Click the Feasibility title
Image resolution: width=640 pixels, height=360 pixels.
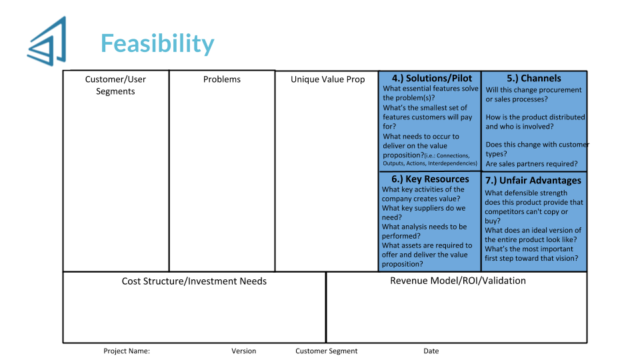tap(157, 44)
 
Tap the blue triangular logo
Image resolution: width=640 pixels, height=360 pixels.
tap(47, 41)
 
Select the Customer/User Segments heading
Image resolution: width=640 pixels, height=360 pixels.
tap(115, 85)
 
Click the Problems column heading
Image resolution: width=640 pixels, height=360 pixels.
tap(222, 79)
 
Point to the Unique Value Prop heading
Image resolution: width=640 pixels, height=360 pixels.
tap(328, 79)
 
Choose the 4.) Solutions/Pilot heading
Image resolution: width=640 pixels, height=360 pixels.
tap(432, 78)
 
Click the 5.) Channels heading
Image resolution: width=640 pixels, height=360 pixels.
tap(534, 78)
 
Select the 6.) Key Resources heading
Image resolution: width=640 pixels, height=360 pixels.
tap(430, 179)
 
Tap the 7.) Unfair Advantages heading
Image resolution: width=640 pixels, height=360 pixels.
tap(533, 181)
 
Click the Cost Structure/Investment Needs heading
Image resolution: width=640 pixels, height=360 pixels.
tap(194, 281)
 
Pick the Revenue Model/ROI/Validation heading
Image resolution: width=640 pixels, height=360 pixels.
tap(458, 281)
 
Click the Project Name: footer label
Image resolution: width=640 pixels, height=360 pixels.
tap(127, 351)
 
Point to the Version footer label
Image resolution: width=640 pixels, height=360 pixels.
tap(244, 351)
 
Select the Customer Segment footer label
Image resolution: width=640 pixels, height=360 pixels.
tap(327, 351)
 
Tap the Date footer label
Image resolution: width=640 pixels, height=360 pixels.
tap(431, 351)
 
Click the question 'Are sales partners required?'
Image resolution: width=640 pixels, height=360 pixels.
tap(531, 164)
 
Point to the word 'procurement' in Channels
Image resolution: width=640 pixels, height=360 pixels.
tap(562, 90)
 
